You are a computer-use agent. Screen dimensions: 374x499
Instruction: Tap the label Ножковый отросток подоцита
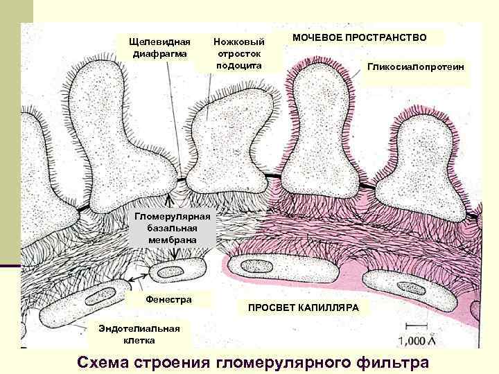(238, 53)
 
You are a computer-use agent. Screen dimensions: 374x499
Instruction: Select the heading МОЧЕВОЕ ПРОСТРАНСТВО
(359, 37)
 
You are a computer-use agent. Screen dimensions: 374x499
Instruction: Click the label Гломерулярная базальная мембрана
(173, 227)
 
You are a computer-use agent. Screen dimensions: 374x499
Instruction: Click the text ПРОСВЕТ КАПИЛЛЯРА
(299, 307)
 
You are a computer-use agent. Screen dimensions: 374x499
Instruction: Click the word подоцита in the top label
(238, 64)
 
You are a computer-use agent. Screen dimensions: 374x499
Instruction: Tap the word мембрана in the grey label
(173, 239)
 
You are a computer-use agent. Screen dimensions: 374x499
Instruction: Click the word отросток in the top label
(238, 53)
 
